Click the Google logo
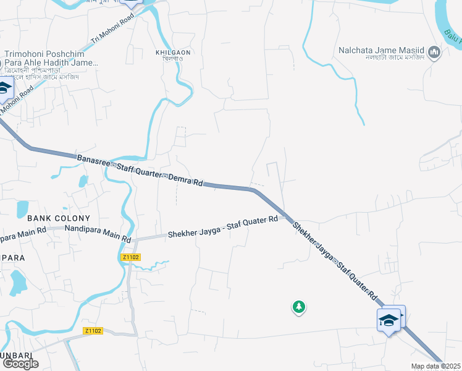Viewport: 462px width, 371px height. (x=20, y=364)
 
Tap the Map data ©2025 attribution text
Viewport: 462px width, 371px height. (x=436, y=366)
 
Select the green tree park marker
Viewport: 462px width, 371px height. (x=299, y=307)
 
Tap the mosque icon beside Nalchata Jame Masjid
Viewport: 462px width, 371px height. (x=435, y=52)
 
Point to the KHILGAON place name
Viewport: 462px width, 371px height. (x=174, y=54)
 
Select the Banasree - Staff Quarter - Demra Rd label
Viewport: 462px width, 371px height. (x=140, y=171)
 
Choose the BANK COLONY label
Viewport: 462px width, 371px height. (x=59, y=218)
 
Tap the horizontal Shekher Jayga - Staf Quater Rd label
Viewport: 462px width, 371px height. (x=223, y=228)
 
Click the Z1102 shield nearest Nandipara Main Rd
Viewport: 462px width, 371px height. (x=131, y=257)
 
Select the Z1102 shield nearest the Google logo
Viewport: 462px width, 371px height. (x=93, y=331)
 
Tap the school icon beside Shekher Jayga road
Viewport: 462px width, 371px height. (x=388, y=320)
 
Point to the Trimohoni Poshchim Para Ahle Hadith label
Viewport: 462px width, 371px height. (x=52, y=58)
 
